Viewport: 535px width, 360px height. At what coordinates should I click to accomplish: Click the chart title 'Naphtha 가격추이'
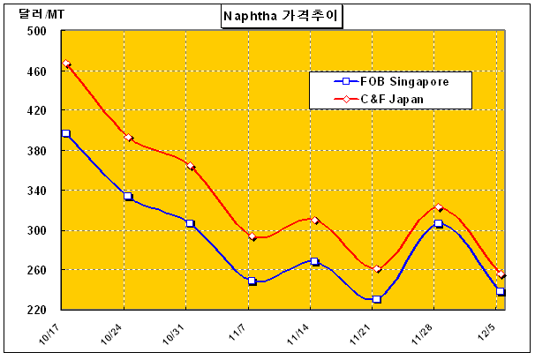[x=282, y=16]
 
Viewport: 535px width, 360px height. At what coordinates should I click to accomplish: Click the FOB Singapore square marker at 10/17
[x=66, y=133]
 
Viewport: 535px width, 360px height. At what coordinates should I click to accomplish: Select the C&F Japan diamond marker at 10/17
[x=66, y=64]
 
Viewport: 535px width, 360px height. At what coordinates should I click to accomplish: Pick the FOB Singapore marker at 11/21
[x=377, y=299]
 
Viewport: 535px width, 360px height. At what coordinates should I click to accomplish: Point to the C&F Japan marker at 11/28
[x=439, y=207]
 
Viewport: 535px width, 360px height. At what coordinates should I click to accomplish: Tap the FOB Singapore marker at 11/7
[x=252, y=281]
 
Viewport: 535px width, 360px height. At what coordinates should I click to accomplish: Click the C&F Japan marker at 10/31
[x=191, y=166]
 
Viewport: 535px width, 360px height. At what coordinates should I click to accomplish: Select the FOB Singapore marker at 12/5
[x=501, y=291]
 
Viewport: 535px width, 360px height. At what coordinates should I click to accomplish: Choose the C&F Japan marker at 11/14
[x=315, y=220]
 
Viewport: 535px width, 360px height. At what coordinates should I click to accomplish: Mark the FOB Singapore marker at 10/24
[x=128, y=196]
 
